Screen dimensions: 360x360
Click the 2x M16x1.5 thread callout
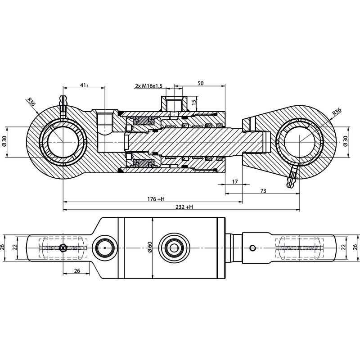tap(149, 85)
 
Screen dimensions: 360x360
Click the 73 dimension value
tap(263, 191)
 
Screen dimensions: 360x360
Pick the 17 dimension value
tap(234, 181)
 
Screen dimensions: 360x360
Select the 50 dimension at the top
tap(200, 83)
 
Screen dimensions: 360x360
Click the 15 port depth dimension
tap(193, 102)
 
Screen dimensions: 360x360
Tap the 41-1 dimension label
tap(83, 85)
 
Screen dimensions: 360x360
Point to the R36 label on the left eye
tap(31, 102)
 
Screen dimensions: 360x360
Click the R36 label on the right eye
tap(336, 112)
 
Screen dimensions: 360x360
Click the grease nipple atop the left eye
tap(63, 103)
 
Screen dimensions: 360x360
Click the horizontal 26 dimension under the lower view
tap(76, 271)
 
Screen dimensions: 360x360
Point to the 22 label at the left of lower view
tap(15, 247)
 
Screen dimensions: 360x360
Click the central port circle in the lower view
tap(173, 247)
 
